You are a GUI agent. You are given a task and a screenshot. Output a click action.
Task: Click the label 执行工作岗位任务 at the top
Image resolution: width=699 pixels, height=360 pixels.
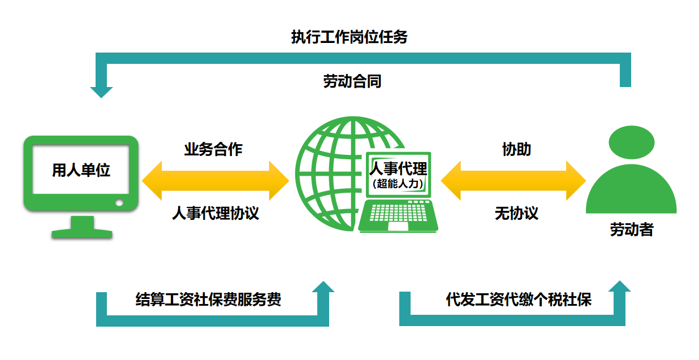coord(349,37)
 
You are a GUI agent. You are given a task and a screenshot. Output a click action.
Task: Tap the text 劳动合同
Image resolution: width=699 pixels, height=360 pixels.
coord(352,81)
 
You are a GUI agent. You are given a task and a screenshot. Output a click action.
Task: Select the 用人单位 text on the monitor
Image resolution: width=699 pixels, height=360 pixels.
coord(81,170)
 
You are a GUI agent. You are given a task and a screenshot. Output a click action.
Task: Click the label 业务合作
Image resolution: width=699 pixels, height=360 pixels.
coord(213,149)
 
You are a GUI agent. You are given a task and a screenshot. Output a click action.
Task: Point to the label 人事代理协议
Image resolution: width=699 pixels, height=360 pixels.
coord(215,213)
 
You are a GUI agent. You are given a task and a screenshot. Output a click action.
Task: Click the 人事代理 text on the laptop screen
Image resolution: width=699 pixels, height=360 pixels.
coord(398,168)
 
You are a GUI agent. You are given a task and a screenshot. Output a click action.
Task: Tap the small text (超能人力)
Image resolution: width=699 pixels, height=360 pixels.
coord(398,183)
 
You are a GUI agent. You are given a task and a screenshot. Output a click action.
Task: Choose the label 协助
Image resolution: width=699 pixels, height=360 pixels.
coord(516,149)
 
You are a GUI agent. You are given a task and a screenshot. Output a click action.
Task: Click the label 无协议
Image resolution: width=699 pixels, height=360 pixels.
coord(516,213)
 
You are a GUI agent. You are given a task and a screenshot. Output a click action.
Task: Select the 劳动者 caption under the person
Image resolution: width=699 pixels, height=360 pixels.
coord(631,229)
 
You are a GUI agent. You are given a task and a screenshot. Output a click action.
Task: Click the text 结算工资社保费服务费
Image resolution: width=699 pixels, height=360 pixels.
coord(209,299)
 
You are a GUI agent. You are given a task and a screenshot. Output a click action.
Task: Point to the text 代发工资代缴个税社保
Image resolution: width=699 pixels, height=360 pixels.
coord(519,299)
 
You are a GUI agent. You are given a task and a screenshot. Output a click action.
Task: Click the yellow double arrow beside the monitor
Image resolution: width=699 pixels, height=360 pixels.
coord(215,181)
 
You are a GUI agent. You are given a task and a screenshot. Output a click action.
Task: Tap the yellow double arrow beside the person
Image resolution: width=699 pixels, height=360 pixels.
coord(513,181)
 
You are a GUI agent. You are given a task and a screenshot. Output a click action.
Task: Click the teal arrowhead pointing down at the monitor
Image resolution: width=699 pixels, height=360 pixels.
coord(102,92)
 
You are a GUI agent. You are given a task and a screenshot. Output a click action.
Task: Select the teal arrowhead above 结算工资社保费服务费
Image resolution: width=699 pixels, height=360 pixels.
coord(323,287)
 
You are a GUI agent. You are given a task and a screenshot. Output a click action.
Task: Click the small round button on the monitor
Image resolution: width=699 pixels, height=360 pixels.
coord(119,202)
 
